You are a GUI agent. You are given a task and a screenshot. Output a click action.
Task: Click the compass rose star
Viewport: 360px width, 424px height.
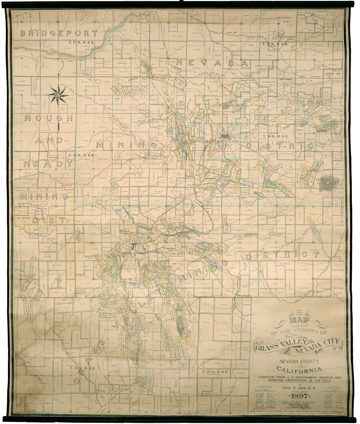pos(59,95)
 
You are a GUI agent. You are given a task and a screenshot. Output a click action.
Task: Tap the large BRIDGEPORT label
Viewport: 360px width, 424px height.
pos(58,33)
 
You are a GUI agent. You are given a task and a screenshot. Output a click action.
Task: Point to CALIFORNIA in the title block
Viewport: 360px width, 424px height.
pos(298,369)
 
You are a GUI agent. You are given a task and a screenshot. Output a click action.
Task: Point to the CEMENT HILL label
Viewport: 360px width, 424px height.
pos(137,79)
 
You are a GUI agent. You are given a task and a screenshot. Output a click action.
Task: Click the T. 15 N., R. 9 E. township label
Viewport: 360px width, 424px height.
pos(215,371)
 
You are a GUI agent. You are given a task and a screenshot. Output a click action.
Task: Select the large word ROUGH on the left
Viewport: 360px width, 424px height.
pos(49,118)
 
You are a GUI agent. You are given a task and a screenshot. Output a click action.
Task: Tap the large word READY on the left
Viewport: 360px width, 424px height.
pos(48,163)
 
